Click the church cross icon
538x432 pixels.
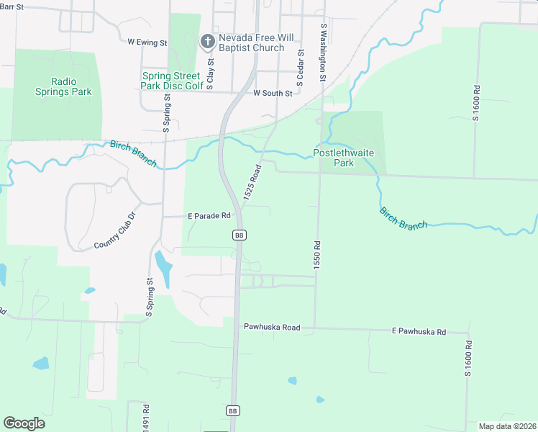pos(207,41)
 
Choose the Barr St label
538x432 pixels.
pos(12,6)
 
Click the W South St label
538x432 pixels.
pos(273,94)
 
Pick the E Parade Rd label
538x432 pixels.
pos(209,215)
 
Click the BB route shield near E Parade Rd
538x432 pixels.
pos(240,235)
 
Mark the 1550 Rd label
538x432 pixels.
pos(316,256)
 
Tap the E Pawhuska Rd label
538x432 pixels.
pos(419,332)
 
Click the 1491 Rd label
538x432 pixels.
pos(145,416)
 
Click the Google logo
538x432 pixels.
pos(24,423)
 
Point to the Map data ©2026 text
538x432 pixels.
pos(506,426)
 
